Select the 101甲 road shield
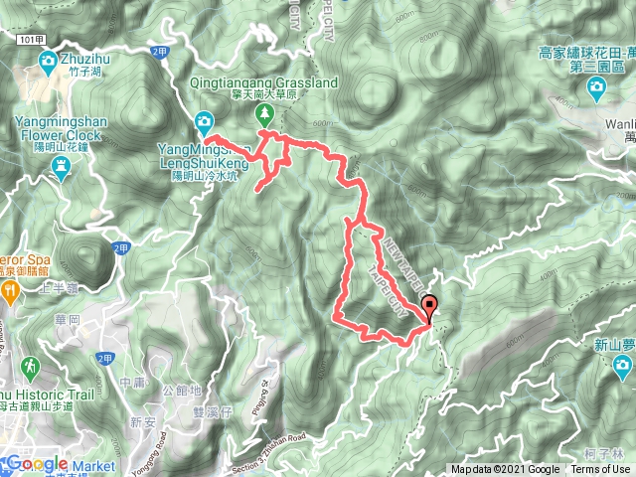pos(31,37)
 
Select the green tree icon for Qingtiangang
pos(265,112)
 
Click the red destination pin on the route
pos(429,306)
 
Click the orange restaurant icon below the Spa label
pos(9,291)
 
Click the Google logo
pos(37,463)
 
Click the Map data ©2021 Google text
pos(506,470)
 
